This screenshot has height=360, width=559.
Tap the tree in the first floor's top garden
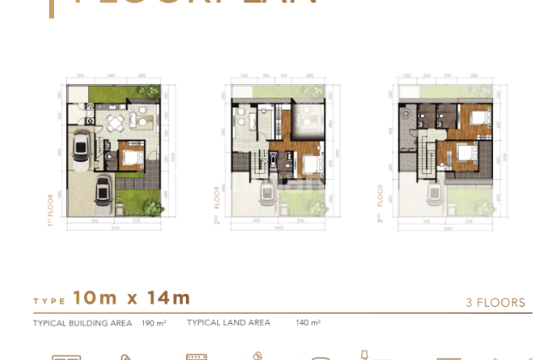(x=151, y=91)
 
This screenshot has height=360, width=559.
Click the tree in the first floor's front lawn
(x=154, y=206)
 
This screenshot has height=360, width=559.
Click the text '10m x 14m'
(x=131, y=298)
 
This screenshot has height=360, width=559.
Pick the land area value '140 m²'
(x=309, y=323)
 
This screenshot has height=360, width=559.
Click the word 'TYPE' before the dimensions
(x=49, y=302)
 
